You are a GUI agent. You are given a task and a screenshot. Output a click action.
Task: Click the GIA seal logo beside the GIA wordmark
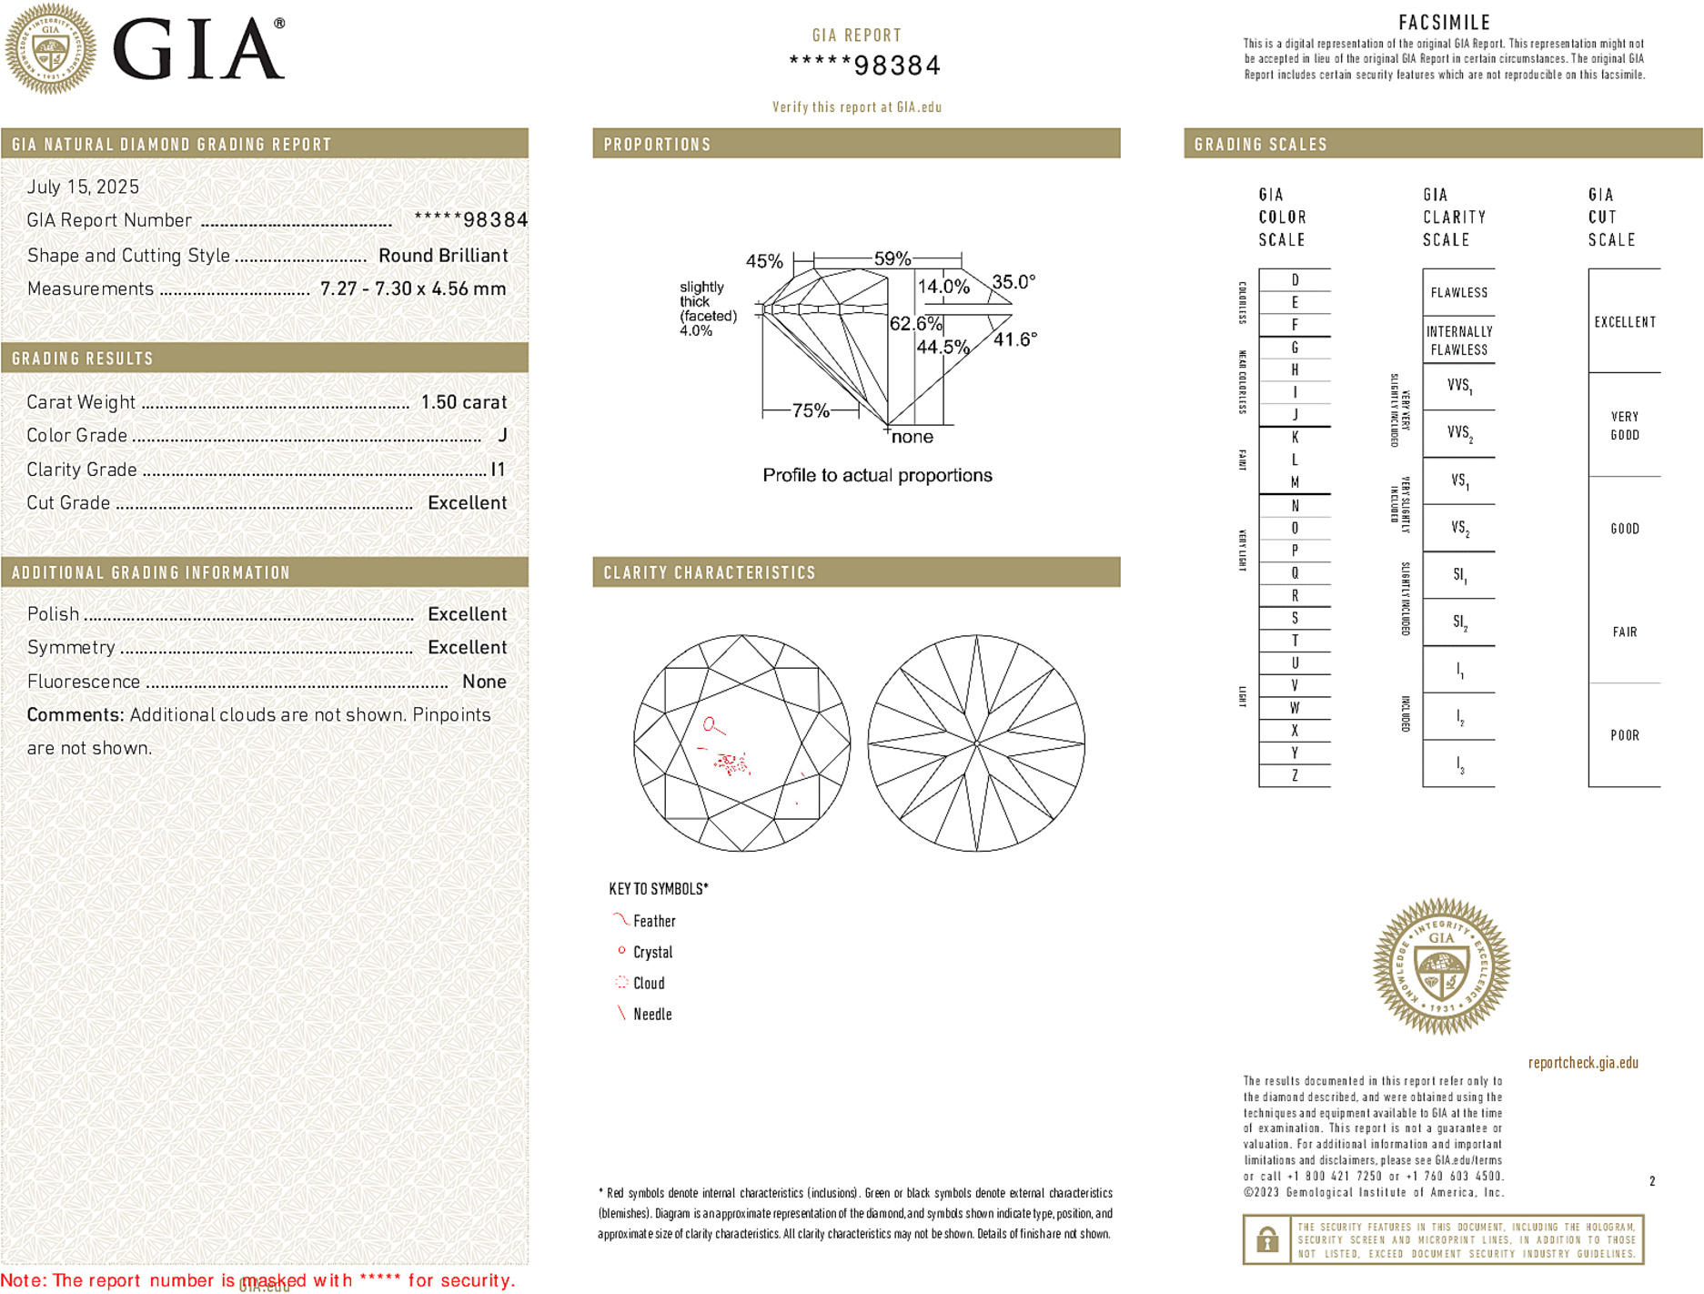[50, 49]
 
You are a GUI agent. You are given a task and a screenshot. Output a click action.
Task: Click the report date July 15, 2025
[83, 187]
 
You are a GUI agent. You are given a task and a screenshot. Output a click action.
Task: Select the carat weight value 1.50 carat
[463, 402]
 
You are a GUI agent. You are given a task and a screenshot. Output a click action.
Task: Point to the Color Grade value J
[502, 436]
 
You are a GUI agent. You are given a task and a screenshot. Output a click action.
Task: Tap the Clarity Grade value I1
[498, 470]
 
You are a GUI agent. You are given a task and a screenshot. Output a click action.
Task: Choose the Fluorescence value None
[484, 682]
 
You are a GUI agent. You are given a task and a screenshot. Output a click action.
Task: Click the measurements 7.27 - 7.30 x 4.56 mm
[412, 289]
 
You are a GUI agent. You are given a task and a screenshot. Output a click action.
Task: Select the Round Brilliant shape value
[443, 256]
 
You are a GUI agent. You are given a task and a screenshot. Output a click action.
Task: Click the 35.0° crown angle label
[1013, 282]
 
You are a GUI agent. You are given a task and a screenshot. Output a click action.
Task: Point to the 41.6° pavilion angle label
[1015, 339]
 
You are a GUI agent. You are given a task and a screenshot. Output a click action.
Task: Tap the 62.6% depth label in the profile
[915, 324]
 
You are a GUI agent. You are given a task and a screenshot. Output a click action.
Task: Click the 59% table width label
[892, 258]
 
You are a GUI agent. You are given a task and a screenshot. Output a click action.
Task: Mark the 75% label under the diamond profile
[810, 410]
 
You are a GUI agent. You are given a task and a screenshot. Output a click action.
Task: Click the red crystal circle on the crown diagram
[710, 724]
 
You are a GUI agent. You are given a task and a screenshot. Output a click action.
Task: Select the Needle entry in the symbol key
[651, 1014]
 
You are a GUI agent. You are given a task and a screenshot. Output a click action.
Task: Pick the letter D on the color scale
[1295, 280]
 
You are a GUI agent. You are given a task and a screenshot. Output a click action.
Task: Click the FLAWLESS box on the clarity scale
[1458, 293]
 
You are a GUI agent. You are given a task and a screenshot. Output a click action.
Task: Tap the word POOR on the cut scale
[1624, 735]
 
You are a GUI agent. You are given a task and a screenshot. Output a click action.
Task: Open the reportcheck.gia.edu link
[1583, 1063]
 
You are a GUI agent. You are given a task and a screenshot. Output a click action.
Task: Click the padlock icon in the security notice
[1267, 1239]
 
